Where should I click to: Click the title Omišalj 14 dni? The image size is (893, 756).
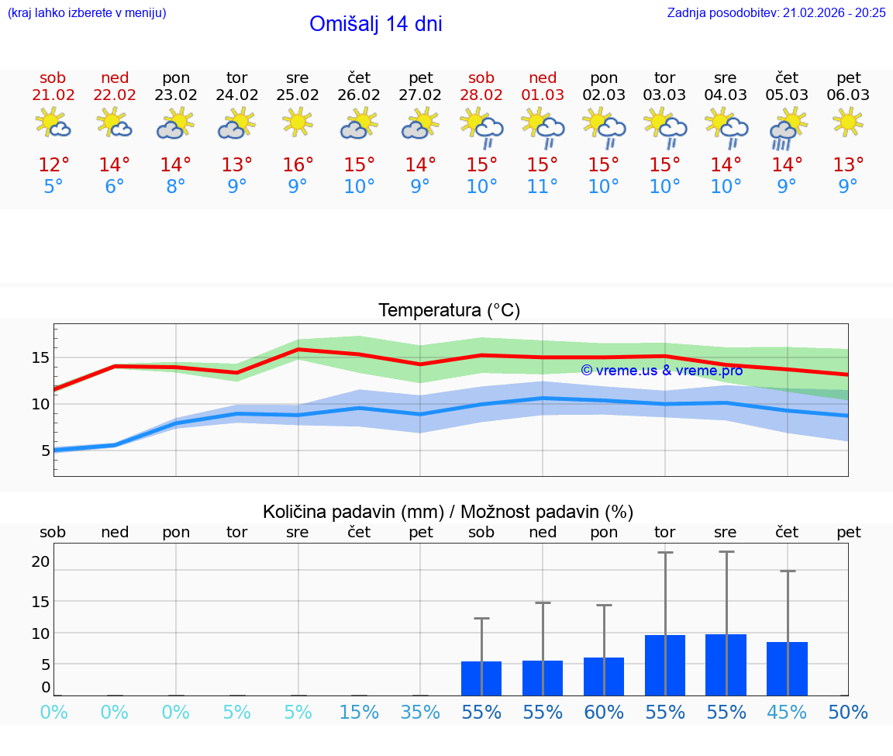point(375,24)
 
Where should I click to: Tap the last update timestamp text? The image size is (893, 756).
point(776,12)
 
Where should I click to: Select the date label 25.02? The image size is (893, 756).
point(298,95)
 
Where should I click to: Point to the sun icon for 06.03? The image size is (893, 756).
point(848,122)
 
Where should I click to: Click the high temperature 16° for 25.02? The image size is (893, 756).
point(298,165)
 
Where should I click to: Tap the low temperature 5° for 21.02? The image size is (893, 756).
point(53,187)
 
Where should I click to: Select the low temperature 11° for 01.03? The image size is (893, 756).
point(543,187)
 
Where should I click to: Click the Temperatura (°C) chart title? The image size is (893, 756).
point(449,311)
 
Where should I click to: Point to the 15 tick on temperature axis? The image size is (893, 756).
point(40,357)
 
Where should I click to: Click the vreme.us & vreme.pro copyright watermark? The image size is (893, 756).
point(662,371)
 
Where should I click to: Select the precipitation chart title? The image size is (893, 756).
point(448,512)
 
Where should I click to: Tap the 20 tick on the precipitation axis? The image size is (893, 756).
point(40,561)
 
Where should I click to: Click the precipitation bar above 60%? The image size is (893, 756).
point(604,676)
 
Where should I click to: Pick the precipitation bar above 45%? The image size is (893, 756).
point(787,668)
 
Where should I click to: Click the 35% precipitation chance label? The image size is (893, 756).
point(420,713)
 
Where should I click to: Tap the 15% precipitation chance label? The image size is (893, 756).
point(359,713)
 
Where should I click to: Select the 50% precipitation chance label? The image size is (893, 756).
point(848,713)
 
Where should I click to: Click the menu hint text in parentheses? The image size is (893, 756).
point(87,12)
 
